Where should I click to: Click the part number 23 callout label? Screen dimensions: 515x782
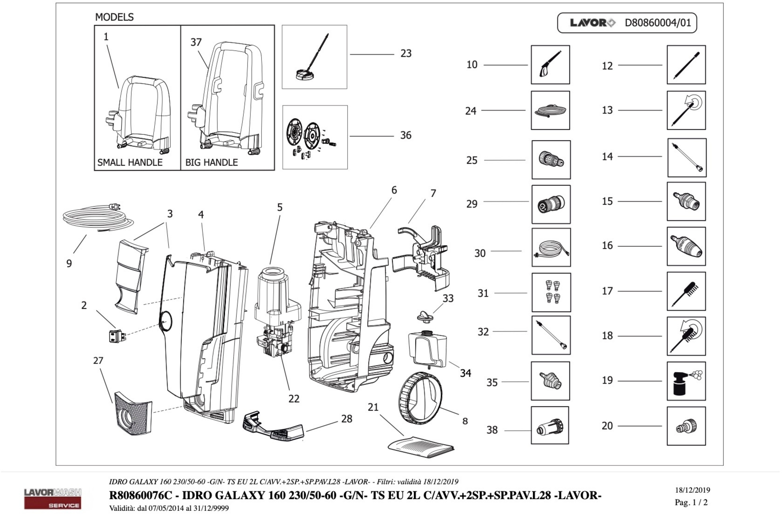(406, 54)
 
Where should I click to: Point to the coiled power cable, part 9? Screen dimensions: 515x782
(97, 218)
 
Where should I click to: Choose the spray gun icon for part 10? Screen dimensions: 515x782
(550, 65)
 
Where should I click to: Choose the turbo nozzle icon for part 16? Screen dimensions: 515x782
(686, 246)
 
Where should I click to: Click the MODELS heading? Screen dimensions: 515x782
(114, 17)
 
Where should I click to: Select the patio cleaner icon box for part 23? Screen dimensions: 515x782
(314, 57)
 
